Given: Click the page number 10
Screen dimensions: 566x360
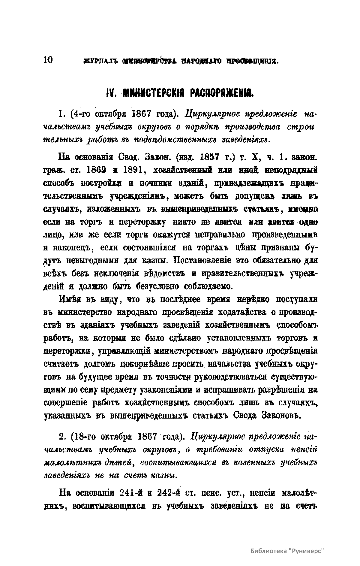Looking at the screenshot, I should click(x=48, y=60).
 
